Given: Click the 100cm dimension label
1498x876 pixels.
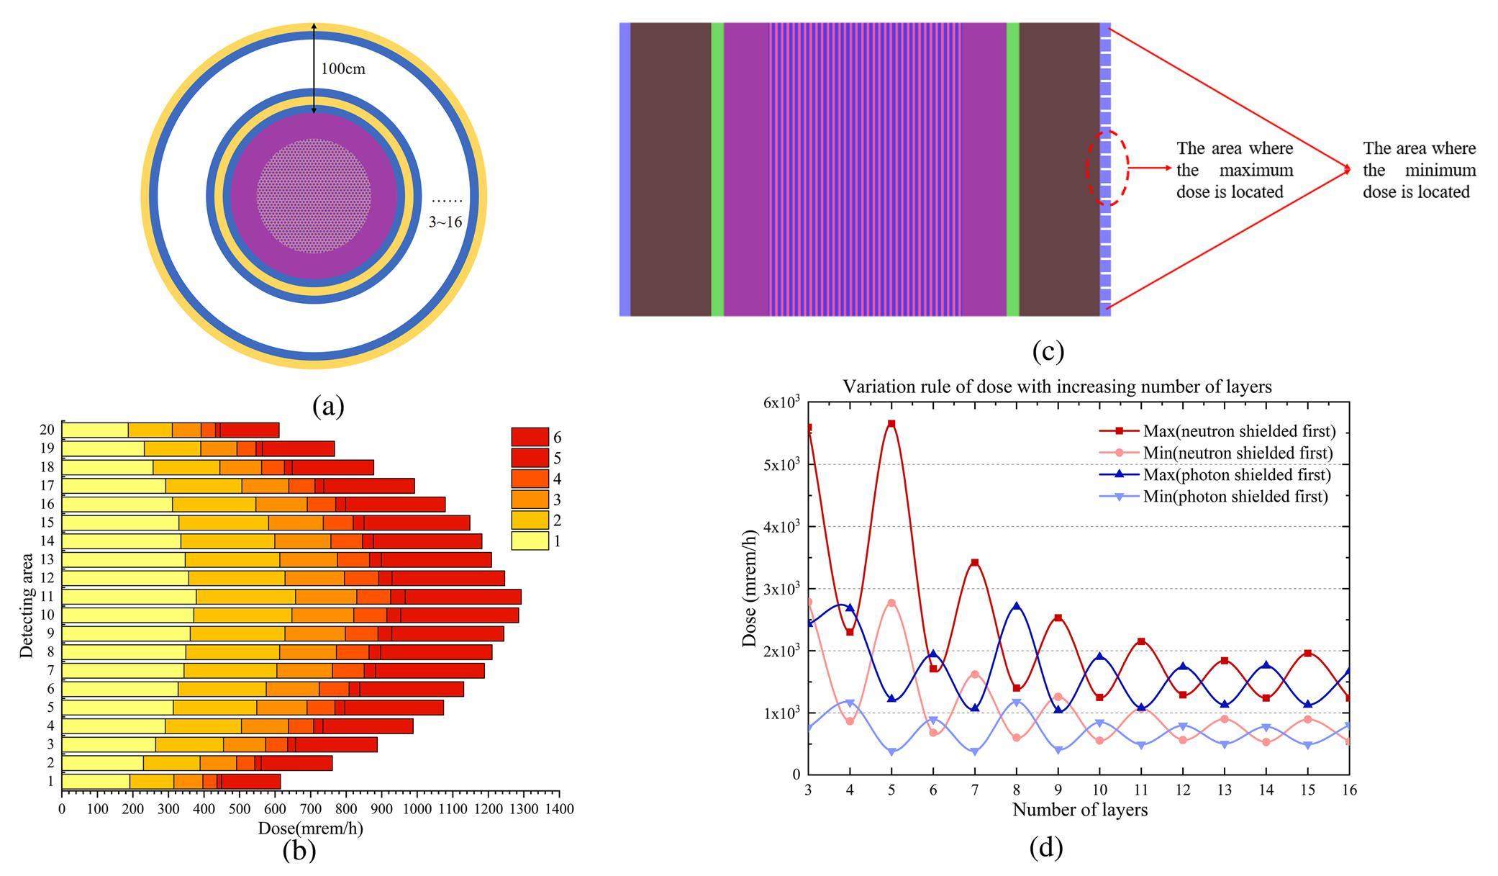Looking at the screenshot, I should tap(343, 69).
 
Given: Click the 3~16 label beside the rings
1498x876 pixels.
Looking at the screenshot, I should tap(445, 222).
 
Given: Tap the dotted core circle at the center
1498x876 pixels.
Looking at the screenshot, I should tap(314, 196).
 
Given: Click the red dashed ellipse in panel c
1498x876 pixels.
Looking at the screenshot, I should tap(1107, 168).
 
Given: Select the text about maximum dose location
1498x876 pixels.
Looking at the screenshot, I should tap(1235, 171).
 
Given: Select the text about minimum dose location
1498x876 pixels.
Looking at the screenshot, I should tap(1419, 171).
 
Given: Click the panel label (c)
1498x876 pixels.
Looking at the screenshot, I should tap(1048, 351).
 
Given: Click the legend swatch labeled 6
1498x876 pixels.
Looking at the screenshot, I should tap(530, 437).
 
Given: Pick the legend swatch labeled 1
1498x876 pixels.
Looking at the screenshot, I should tap(530, 541).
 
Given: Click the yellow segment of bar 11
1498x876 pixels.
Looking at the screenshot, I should tap(130, 597).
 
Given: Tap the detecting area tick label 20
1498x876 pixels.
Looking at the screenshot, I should tap(47, 430).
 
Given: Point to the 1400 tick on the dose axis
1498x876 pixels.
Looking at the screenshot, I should tap(558, 809).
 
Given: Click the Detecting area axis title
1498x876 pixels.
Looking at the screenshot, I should tap(27, 605).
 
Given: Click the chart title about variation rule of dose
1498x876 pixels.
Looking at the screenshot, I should tap(1057, 387).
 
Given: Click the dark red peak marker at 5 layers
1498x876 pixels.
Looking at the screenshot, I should tap(891, 424).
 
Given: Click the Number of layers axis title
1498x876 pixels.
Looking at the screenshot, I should tap(1079, 810).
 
